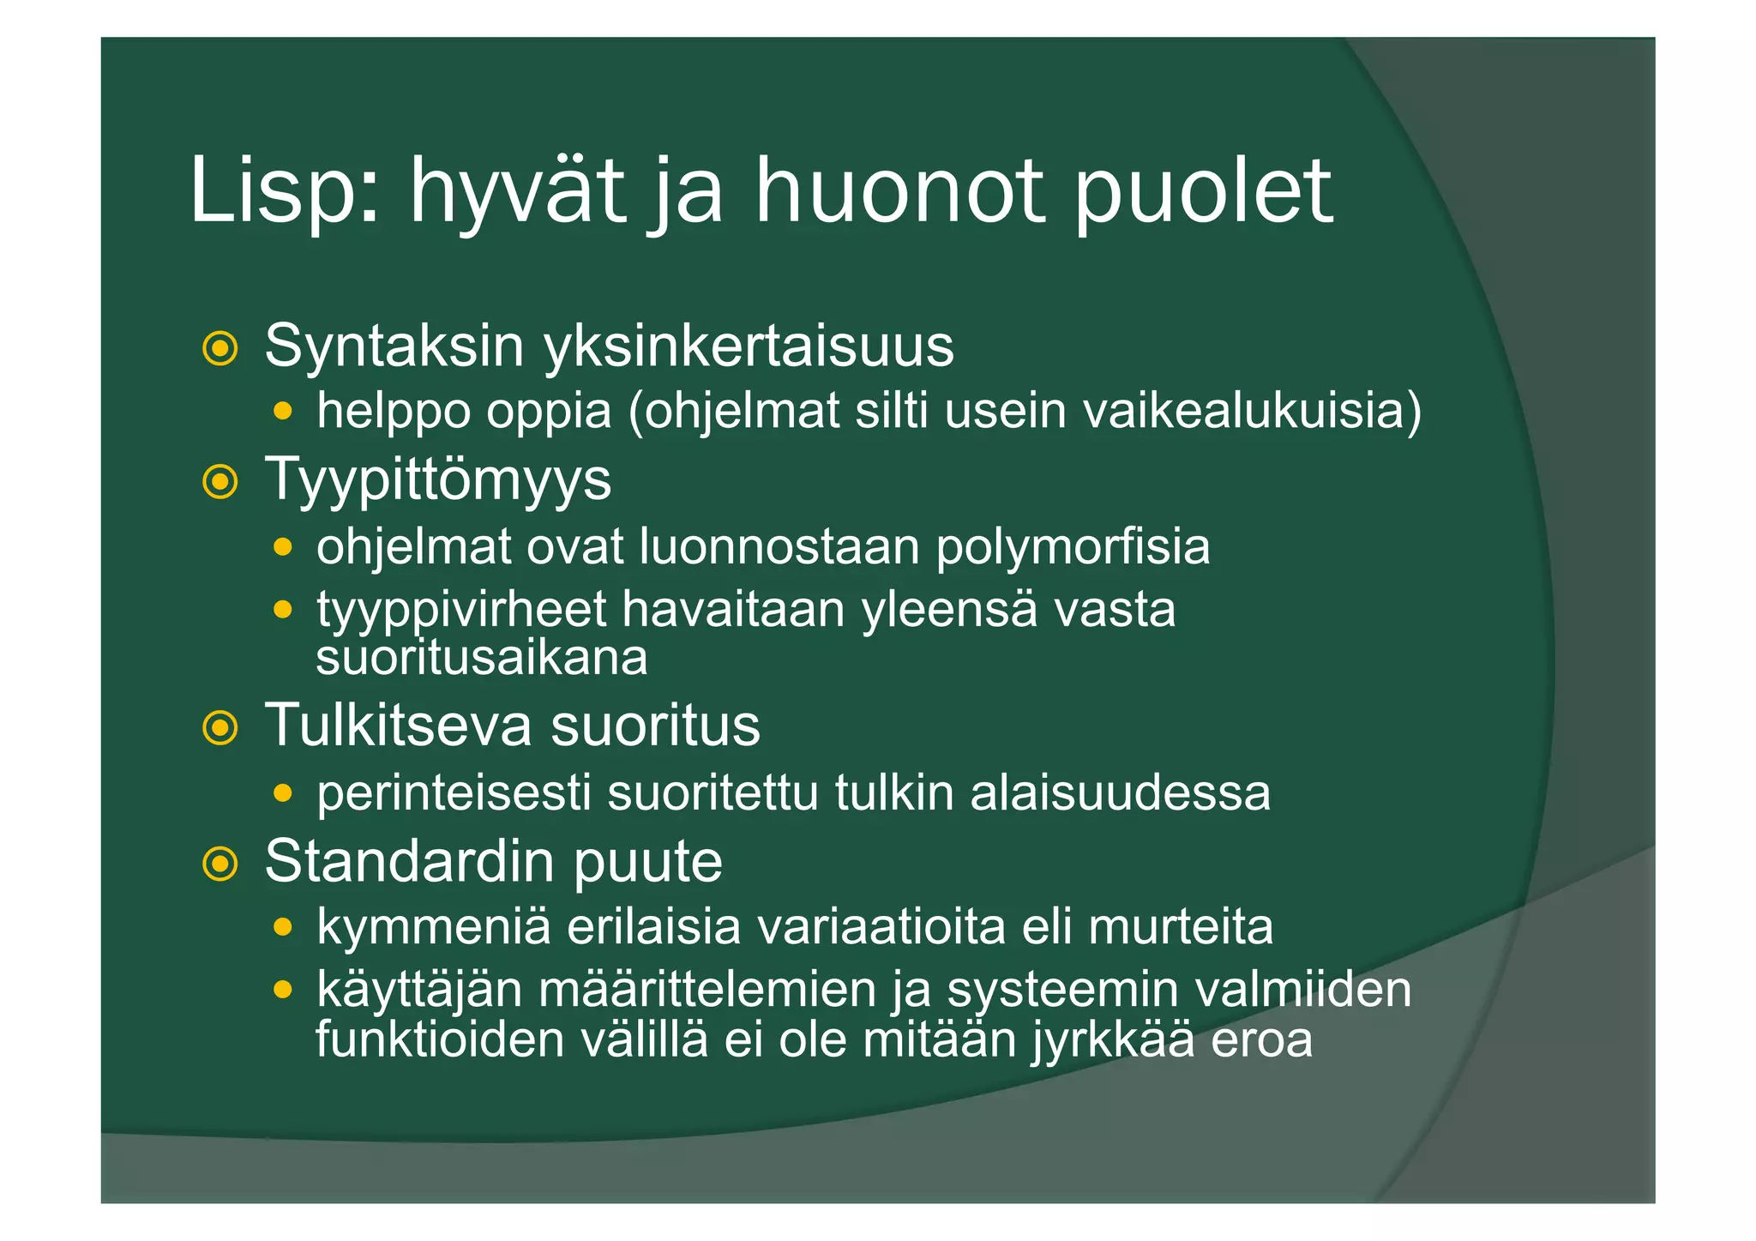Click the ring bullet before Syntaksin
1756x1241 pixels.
coord(219,348)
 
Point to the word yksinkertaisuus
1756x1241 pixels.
coord(749,346)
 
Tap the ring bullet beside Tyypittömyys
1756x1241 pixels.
coord(219,482)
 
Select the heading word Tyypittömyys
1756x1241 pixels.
coord(438,480)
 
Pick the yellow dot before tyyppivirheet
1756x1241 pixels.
coord(282,611)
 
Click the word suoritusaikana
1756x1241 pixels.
coord(481,659)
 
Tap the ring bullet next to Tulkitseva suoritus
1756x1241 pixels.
coord(219,728)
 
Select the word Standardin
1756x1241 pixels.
coord(410,861)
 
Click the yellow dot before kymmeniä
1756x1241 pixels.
coord(282,927)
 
